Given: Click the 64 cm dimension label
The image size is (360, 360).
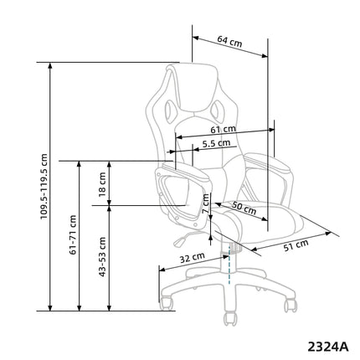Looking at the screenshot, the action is click(x=229, y=41).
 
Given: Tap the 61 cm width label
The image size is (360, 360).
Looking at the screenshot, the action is click(x=223, y=130).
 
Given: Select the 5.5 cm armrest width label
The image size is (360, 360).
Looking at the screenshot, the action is click(x=216, y=143).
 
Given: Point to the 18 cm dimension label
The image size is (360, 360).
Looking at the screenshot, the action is click(x=102, y=184).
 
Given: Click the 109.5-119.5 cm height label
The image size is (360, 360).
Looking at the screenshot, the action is click(x=44, y=186).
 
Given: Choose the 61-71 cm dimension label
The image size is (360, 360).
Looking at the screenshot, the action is click(x=73, y=234).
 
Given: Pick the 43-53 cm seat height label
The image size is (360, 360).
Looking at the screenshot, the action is click(x=102, y=257).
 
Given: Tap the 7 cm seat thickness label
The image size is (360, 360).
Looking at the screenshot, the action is click(x=206, y=203).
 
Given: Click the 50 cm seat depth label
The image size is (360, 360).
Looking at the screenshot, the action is click(x=244, y=208).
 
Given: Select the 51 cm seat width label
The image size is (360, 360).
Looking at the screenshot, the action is click(x=296, y=245).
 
